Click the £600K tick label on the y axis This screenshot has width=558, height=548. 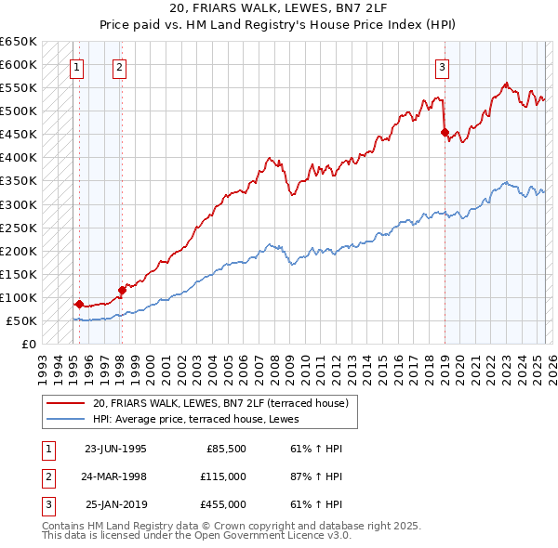tap(19, 64)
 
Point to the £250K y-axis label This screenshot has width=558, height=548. tap(19, 228)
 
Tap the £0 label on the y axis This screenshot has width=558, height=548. tap(28, 344)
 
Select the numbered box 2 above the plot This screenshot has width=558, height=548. tap(121, 67)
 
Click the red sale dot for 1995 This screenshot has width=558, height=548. tap(80, 304)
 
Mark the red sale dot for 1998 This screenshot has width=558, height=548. tap(122, 290)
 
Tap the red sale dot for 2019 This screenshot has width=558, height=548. tap(445, 132)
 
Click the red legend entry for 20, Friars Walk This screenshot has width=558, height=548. tap(220, 403)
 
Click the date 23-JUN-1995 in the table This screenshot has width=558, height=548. tap(115, 449)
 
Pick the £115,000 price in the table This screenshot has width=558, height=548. tap(224, 476)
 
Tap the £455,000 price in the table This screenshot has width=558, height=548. tap(224, 504)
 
